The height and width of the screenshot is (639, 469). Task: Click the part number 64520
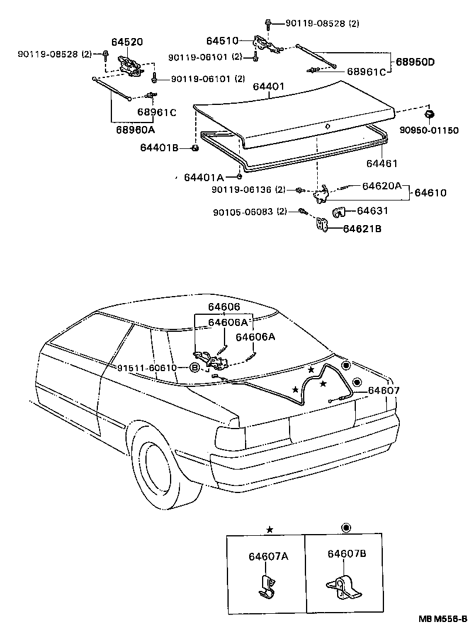point(127,42)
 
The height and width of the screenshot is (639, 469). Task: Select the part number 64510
point(222,41)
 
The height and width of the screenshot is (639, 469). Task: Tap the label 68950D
point(415,62)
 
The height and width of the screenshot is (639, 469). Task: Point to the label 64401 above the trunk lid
point(269,87)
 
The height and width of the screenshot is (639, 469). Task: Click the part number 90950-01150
point(429,130)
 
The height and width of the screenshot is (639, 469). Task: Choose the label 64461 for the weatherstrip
point(382,164)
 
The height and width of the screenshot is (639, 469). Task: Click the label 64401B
point(159,148)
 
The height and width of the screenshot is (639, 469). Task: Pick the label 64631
point(372,210)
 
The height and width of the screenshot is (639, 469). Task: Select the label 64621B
point(362,229)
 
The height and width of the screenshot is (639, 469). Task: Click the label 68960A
point(135,130)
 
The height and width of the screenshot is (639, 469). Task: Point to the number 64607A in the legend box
point(269,556)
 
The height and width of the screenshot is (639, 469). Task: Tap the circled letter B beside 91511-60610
point(195,368)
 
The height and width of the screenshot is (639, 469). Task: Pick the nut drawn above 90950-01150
point(429,115)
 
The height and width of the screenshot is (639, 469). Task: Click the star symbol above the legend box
point(269,530)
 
